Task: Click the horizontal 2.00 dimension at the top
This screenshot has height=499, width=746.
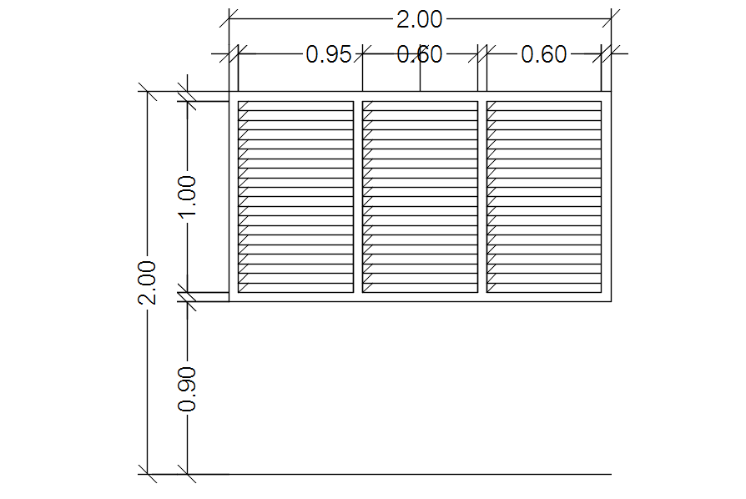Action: (420, 19)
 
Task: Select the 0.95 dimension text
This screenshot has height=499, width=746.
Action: (329, 55)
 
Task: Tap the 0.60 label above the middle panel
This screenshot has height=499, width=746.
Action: (420, 55)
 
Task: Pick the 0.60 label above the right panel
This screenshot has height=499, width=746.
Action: (543, 55)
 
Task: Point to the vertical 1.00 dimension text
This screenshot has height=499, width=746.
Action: (188, 197)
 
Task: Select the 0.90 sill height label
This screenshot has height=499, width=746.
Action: (188, 389)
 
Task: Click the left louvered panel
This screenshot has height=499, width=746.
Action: (295, 197)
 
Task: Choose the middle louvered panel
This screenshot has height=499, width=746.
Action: (420, 197)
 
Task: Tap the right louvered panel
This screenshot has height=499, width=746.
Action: (544, 197)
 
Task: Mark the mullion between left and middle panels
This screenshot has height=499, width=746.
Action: (358, 197)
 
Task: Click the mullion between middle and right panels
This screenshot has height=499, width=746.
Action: (482, 197)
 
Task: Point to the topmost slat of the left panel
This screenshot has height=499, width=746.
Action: (295, 106)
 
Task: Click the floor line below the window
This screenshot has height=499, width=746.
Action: (417, 474)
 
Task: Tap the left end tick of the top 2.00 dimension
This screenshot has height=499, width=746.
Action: (229, 18)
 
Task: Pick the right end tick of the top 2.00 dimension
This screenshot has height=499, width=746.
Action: (612, 18)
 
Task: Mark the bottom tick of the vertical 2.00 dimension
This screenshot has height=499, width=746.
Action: (148, 474)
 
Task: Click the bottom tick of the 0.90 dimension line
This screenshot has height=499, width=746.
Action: (188, 474)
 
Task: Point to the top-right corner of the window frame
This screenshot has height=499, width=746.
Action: (612, 92)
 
